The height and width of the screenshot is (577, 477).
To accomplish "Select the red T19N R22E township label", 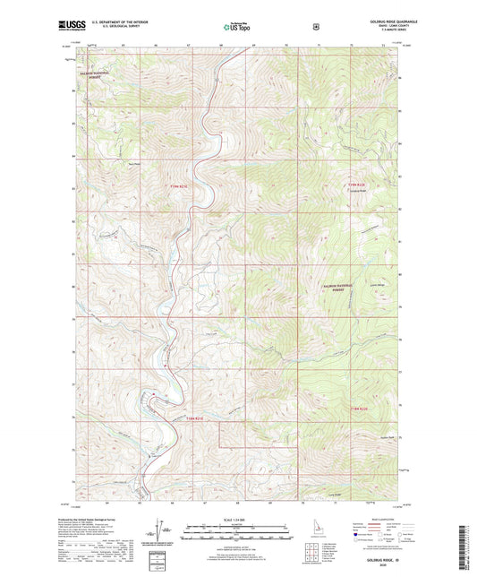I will (356, 185).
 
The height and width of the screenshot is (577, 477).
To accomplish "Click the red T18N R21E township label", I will (199, 418).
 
